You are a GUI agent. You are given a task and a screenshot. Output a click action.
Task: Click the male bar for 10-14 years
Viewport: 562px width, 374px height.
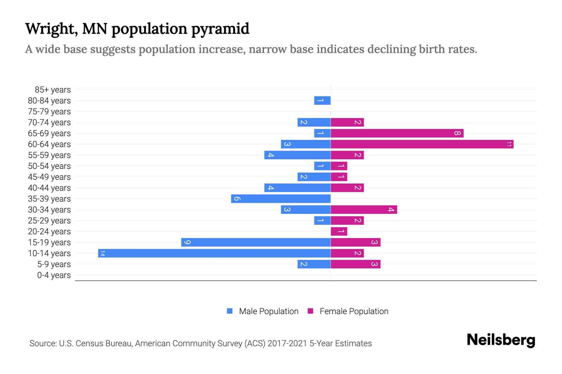[x=214, y=253]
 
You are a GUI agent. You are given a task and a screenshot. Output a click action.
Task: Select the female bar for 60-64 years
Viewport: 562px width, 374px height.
[x=422, y=144]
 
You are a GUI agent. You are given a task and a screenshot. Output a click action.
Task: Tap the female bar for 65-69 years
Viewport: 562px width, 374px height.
[x=397, y=133]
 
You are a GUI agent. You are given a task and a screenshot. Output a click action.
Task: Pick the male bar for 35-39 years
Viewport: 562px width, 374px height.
[x=281, y=199]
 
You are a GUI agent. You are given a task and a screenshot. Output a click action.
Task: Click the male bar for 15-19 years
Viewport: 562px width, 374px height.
[x=256, y=242]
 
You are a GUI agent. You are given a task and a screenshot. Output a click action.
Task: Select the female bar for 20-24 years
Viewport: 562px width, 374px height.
[x=339, y=231]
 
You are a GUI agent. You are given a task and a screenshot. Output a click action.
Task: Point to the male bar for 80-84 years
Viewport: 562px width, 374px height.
[x=322, y=100]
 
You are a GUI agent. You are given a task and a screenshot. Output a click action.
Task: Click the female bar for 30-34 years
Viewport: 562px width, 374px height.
[x=364, y=209]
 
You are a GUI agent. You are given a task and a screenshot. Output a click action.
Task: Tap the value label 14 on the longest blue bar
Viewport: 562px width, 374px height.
[x=102, y=253]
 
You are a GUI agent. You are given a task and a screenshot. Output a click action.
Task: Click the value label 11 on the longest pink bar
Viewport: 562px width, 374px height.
[x=509, y=144]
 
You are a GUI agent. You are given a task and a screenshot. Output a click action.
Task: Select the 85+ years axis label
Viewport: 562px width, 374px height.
[x=53, y=90]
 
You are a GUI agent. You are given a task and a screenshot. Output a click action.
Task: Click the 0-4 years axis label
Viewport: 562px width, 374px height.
[x=54, y=275]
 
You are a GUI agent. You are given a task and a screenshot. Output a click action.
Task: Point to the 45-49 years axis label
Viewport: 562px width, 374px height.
[x=49, y=177]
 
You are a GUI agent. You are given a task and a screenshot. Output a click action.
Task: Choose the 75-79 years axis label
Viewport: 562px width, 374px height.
[x=49, y=112]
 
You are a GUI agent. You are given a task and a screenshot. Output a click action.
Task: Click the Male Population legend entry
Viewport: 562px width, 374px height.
[x=269, y=311]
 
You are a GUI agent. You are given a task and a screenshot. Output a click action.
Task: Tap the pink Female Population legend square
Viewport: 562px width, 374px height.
[x=310, y=311]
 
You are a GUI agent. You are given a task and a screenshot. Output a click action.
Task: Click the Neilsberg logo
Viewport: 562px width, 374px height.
[x=501, y=340]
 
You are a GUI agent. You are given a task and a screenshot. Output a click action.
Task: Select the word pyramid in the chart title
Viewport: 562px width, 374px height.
[x=220, y=29]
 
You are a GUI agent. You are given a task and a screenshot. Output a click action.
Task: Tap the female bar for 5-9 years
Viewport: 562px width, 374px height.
[x=355, y=264]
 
